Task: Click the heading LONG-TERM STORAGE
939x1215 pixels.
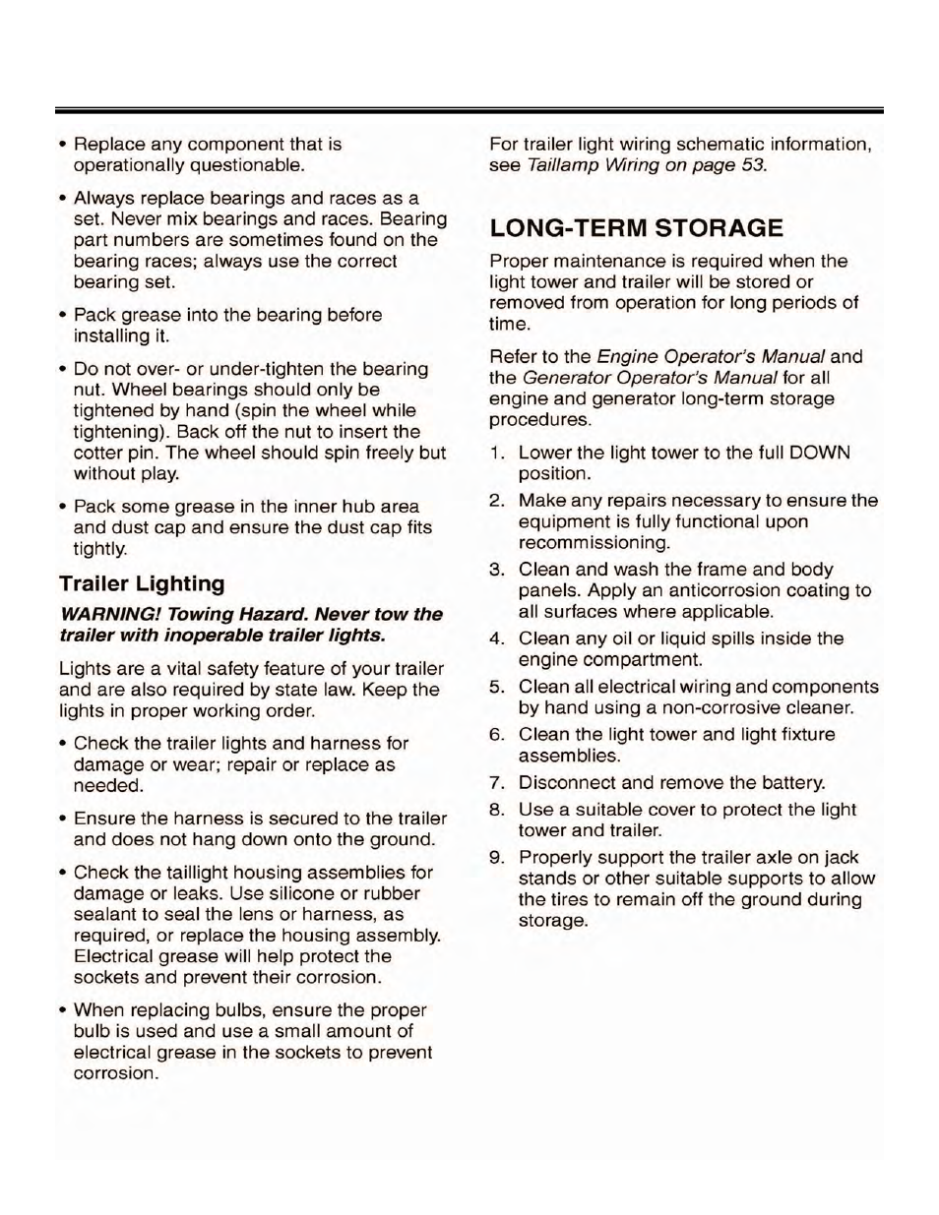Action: point(637,228)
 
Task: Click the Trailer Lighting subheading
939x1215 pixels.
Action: point(142,583)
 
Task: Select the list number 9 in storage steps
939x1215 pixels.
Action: point(497,857)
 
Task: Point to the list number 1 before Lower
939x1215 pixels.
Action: point(497,453)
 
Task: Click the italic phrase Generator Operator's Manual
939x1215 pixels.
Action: point(650,378)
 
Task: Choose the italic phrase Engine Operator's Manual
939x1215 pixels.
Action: point(711,356)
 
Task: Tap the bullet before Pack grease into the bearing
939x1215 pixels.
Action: point(63,315)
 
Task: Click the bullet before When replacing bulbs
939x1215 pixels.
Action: point(63,1010)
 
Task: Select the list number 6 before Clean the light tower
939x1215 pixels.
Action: point(497,735)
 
